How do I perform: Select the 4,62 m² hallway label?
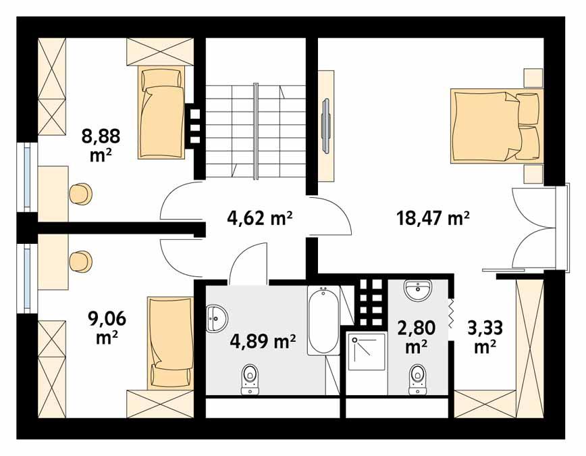[258, 218]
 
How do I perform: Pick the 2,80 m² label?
[415, 336]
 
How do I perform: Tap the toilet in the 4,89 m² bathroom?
[250, 380]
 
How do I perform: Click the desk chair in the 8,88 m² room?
[80, 193]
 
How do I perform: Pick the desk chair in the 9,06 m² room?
[80, 260]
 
